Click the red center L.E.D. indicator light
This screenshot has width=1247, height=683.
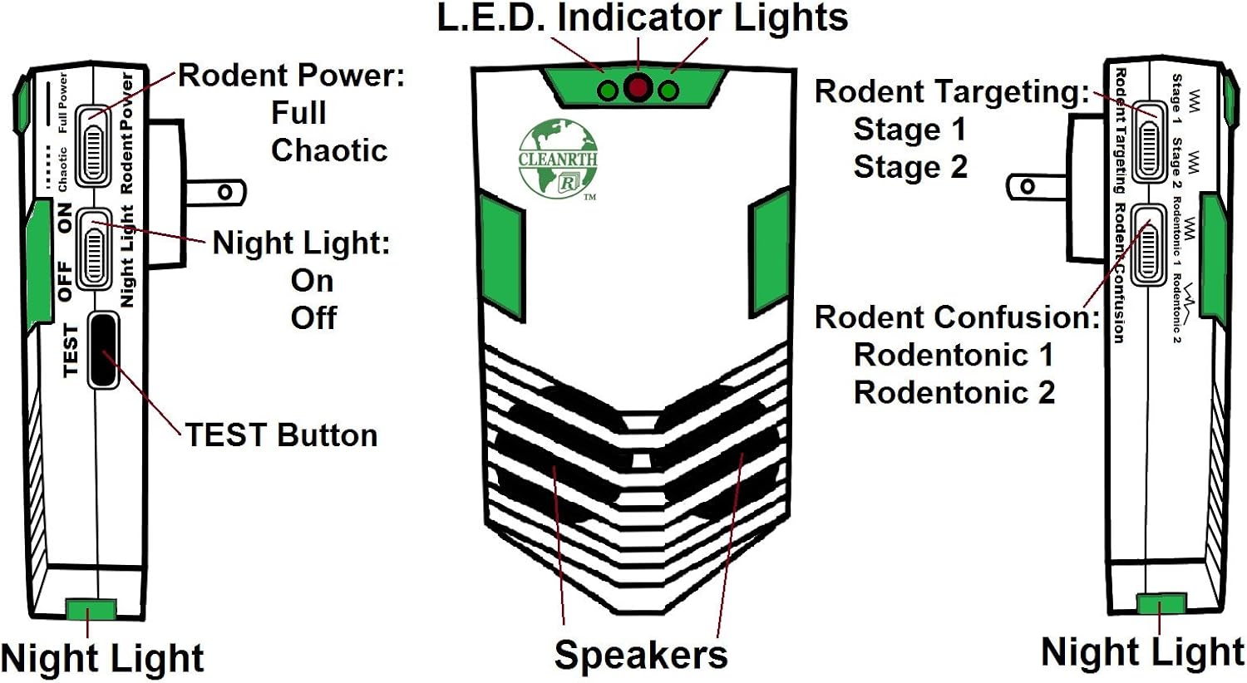(x=638, y=87)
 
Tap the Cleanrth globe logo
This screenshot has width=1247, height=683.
(x=558, y=159)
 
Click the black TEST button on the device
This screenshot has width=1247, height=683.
(x=102, y=350)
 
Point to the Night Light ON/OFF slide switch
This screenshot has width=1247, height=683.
(x=94, y=248)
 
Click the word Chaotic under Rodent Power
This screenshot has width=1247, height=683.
(x=329, y=150)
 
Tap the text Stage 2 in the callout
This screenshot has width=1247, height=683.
(x=910, y=167)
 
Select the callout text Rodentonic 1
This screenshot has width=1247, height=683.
(x=953, y=355)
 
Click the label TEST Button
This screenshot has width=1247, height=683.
(x=281, y=435)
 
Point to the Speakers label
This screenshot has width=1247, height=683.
(x=640, y=655)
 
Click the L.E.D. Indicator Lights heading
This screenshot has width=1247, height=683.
(x=643, y=19)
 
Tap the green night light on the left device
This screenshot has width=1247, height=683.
(x=91, y=610)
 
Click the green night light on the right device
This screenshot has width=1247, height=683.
(x=1161, y=604)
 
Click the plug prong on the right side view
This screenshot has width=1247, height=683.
(x=1036, y=187)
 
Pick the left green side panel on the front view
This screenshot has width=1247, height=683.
(x=503, y=259)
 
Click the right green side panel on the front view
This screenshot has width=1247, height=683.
(x=769, y=253)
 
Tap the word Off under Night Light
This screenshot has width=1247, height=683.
(x=313, y=317)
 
